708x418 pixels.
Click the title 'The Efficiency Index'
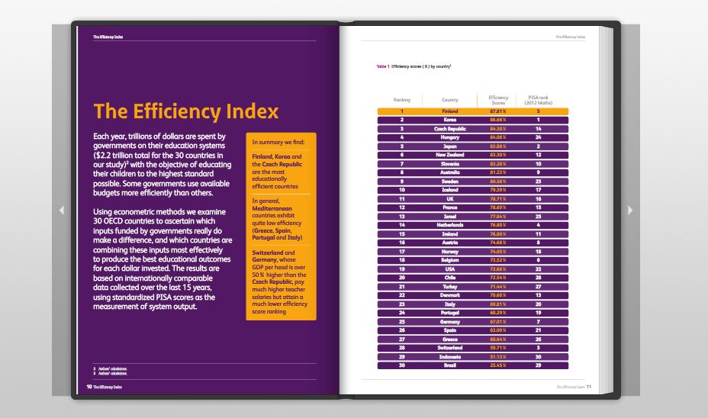[185, 112]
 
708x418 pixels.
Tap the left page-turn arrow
[61, 210]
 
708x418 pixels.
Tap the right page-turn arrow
[629, 210]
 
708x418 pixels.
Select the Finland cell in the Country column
[450, 111]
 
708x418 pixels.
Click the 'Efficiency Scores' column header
[497, 100]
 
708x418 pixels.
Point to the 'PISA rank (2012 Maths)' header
[538, 100]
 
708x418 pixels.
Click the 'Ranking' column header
[401, 100]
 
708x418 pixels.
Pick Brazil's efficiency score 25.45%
[497, 365]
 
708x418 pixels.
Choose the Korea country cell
[450, 120]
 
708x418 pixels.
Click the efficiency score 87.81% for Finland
[497, 111]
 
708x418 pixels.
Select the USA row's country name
[450, 269]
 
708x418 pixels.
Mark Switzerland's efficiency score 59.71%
[497, 348]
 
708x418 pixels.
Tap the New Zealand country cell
[450, 155]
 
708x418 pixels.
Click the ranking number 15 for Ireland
[401, 234]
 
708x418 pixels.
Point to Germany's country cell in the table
[450, 322]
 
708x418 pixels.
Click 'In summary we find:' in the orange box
[278, 142]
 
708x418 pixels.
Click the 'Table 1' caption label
[382, 66]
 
